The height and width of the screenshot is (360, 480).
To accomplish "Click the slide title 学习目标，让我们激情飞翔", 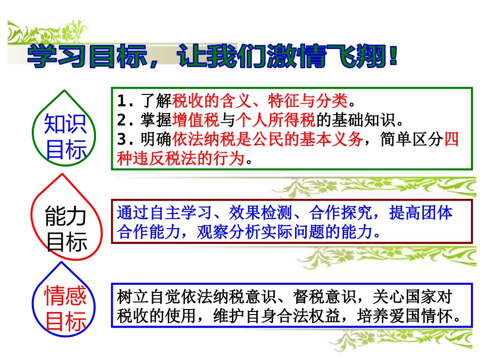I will (212, 57).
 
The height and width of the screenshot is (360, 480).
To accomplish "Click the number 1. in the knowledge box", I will (124, 101).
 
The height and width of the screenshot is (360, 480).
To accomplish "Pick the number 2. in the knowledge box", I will (124, 120).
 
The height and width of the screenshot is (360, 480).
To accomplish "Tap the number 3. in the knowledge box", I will (124, 139).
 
